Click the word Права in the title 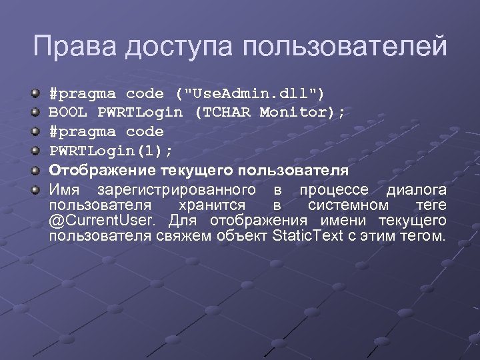(x=69, y=47)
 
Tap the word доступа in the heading (x=174, y=47)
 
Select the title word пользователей (x=345, y=47)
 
